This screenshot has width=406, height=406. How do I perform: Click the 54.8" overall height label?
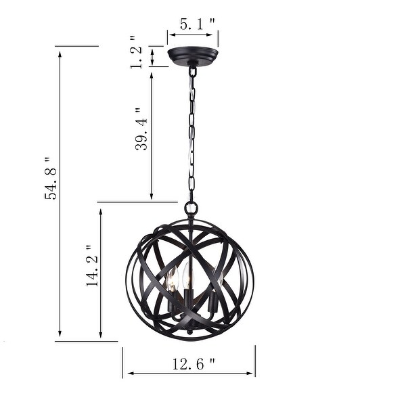(49, 178)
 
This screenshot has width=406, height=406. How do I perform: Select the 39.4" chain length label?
(141, 129)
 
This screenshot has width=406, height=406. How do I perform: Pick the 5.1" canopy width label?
(198, 23)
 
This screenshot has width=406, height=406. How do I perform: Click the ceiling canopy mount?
(193, 54)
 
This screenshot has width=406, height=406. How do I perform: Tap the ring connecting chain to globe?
(191, 208)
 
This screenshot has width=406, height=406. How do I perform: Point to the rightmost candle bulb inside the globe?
(216, 279)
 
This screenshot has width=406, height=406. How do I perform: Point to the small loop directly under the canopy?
(193, 70)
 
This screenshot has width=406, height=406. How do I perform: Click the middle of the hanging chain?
(192, 135)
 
